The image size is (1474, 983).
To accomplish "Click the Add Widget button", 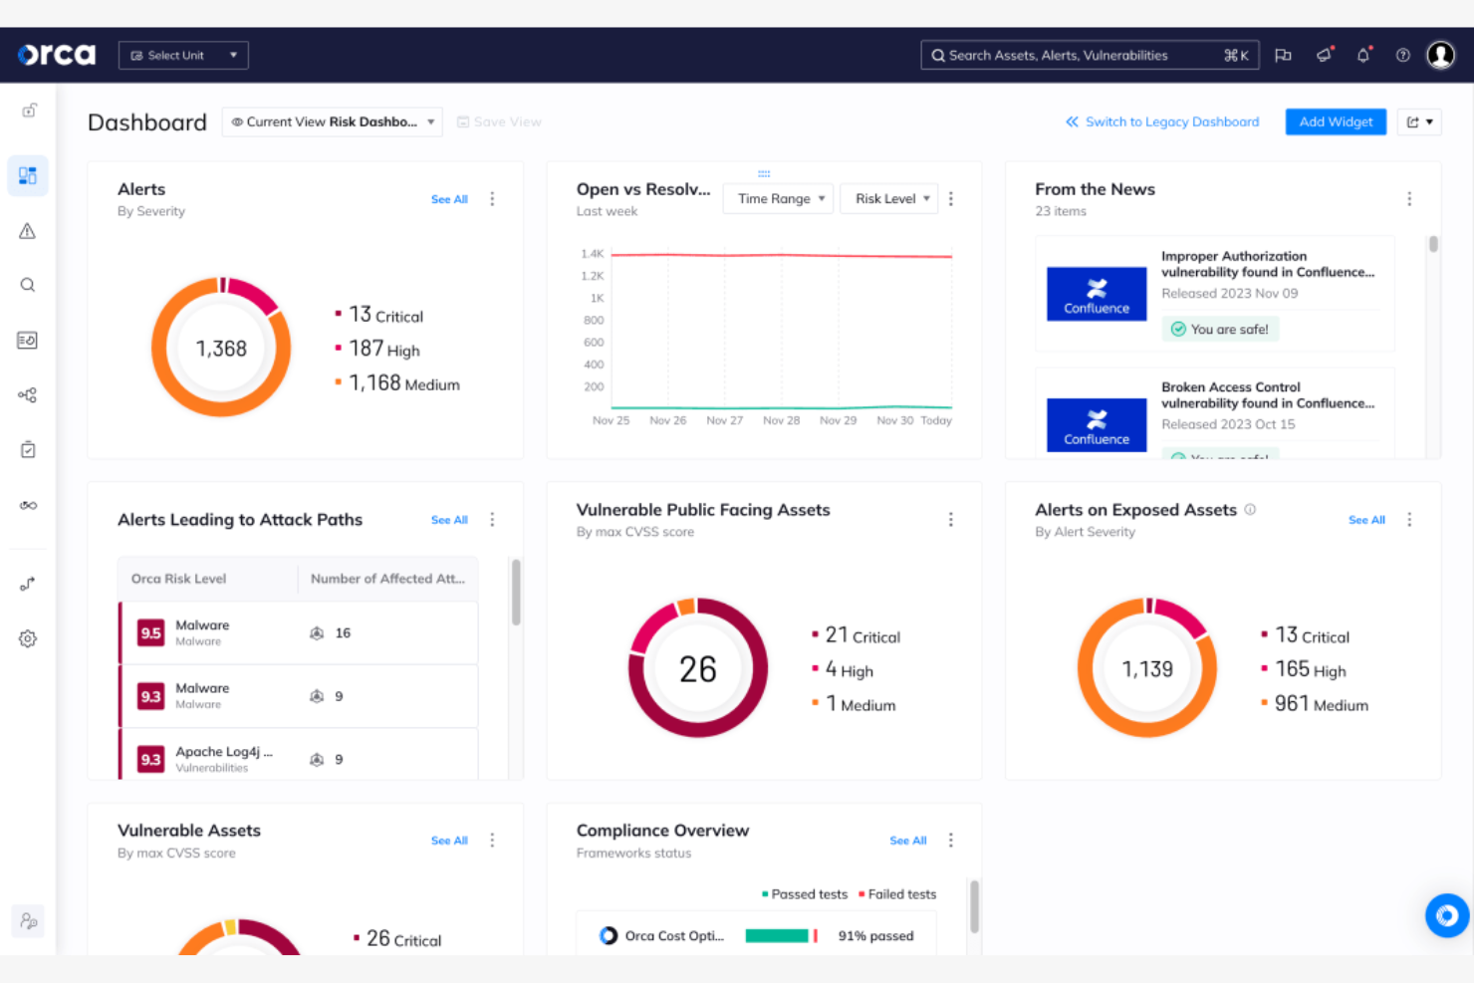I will [x=1335, y=122].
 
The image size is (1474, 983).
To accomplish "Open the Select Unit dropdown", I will [x=183, y=56].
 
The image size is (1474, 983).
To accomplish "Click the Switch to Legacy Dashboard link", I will [x=1162, y=122].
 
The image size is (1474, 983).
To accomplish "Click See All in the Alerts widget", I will [x=449, y=199].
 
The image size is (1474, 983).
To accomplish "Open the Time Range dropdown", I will [x=781, y=198].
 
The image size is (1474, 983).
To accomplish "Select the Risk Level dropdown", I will [x=891, y=198].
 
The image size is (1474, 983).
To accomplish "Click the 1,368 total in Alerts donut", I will [x=221, y=349].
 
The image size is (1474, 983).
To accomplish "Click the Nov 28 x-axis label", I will [x=781, y=420].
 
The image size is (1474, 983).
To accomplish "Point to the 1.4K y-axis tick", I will [x=593, y=254].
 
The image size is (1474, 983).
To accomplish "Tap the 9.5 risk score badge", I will [x=150, y=632].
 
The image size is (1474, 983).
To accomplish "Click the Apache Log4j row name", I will [x=223, y=752].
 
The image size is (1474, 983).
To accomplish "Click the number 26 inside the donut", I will [x=698, y=669].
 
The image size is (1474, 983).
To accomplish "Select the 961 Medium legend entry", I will [x=1321, y=704].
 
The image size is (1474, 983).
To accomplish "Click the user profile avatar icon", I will [x=1440, y=56].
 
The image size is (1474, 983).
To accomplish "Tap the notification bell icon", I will [x=1362, y=56].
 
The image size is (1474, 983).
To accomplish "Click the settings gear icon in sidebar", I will [x=28, y=638].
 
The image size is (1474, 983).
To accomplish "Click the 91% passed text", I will [x=875, y=936].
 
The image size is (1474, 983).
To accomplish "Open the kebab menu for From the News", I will [x=1409, y=199].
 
